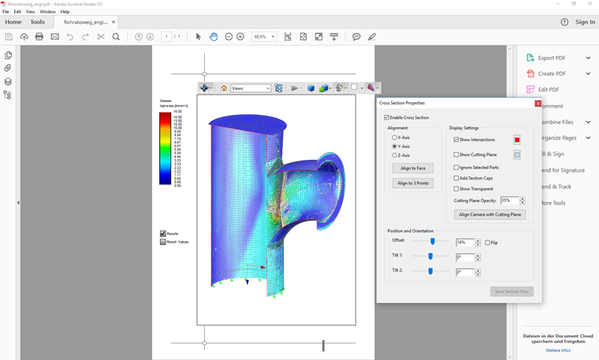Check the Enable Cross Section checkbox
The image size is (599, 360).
(x=387, y=117)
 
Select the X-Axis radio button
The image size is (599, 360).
(x=395, y=137)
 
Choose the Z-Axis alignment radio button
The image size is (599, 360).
(x=395, y=155)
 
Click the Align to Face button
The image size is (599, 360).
(x=413, y=169)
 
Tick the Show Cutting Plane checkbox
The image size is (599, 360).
(x=456, y=154)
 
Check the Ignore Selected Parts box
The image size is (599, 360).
(x=456, y=167)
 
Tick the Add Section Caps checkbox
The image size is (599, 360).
(x=456, y=178)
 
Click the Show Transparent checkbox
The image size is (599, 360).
(x=456, y=189)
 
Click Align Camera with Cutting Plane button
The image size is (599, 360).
(x=489, y=214)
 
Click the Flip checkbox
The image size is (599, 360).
(x=488, y=243)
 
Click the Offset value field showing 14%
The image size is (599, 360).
(x=464, y=243)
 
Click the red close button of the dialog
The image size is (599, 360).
(x=538, y=103)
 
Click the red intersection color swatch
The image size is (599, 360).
(x=517, y=139)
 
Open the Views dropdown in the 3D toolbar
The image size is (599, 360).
(x=251, y=88)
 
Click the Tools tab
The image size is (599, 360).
(x=37, y=22)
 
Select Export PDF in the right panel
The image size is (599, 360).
(x=551, y=58)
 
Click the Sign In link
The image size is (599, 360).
(x=585, y=22)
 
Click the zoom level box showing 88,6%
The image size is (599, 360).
(x=264, y=37)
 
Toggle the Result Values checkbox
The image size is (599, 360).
(x=163, y=242)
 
